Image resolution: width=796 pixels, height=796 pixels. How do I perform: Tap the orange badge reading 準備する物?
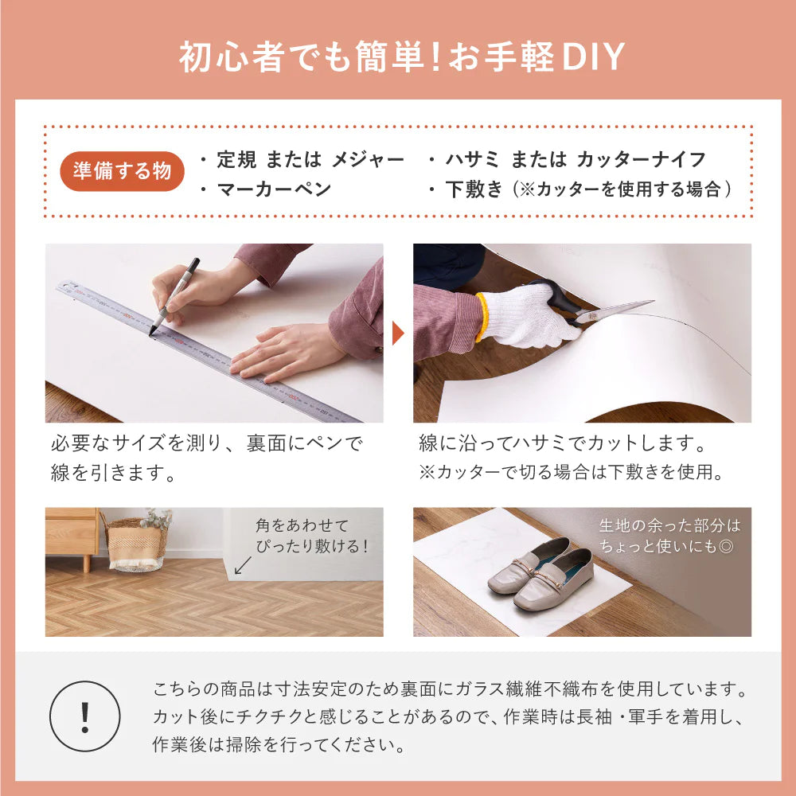point(122,171)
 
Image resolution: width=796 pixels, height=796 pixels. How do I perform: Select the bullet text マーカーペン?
point(274,189)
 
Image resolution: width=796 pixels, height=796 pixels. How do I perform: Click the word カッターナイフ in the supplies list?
point(641,159)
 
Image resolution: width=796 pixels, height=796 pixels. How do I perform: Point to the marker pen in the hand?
point(174,296)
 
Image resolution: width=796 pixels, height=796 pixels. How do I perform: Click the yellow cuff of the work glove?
point(482,318)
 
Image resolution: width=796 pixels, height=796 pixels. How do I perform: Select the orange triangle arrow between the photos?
point(398,334)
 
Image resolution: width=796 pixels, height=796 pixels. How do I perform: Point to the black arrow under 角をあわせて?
point(243,565)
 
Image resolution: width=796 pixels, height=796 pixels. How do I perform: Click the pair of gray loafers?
point(540,573)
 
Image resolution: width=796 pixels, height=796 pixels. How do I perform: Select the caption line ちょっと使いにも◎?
point(666,546)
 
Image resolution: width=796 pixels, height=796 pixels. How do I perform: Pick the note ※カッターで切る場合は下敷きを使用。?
point(572,472)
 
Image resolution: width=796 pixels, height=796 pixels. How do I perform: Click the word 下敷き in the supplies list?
point(474,189)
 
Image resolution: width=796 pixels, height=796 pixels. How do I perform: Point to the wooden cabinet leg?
point(87,563)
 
